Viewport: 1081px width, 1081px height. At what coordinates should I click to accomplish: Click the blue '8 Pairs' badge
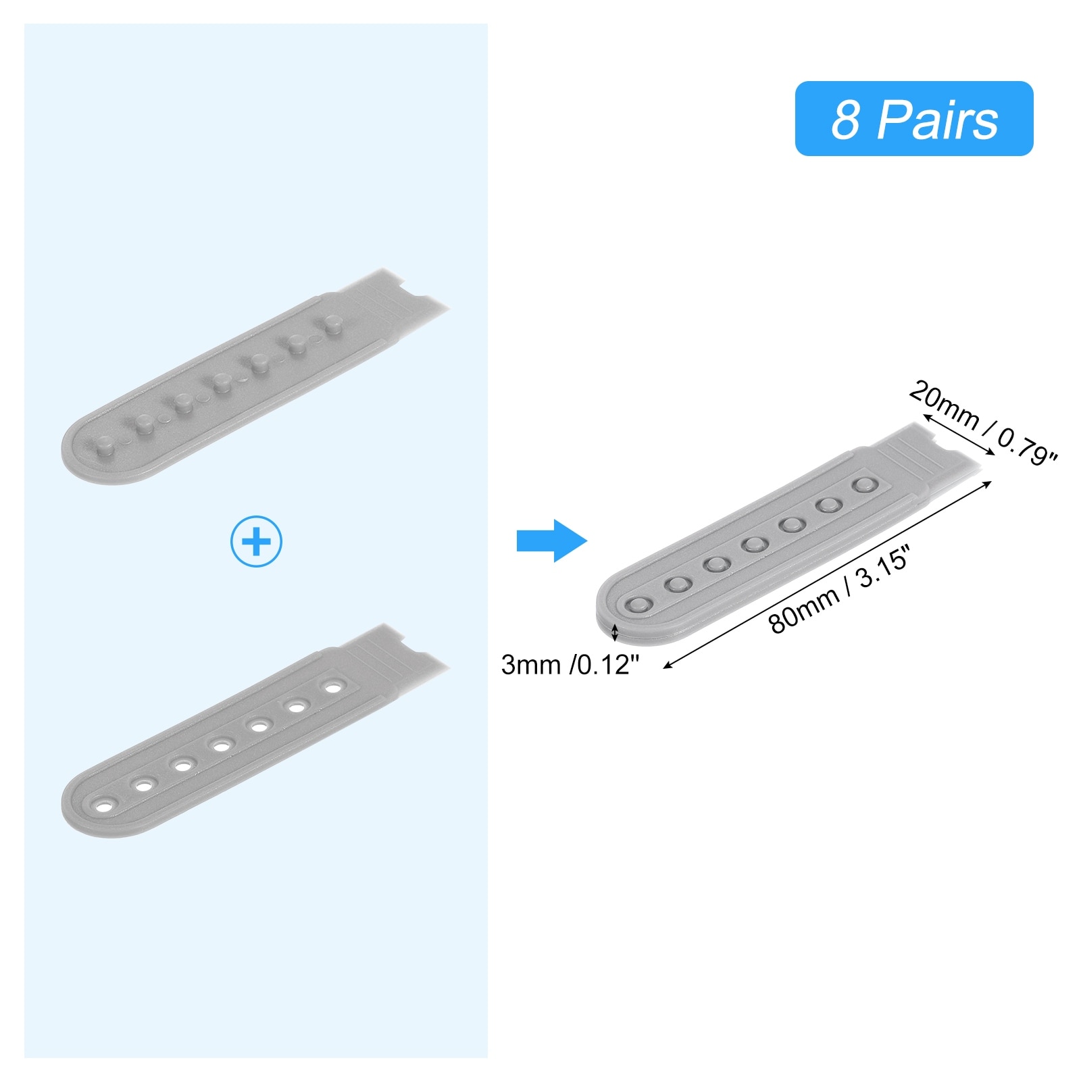[913, 119]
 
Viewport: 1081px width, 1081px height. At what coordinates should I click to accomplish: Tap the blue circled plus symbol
[256, 541]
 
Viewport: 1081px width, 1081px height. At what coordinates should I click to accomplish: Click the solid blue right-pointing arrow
[551, 540]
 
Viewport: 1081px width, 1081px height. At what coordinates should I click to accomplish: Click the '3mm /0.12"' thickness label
[570, 665]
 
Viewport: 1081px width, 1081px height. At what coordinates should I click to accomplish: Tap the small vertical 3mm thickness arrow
[614, 633]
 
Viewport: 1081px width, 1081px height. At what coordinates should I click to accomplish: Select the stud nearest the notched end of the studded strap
[331, 322]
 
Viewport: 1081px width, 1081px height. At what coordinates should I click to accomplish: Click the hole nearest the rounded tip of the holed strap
[105, 806]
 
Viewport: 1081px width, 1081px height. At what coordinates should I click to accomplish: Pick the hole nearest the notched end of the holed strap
[332, 687]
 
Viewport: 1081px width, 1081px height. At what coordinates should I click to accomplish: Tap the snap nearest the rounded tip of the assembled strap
[638, 605]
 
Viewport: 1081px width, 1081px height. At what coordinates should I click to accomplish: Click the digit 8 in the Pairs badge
[845, 120]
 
